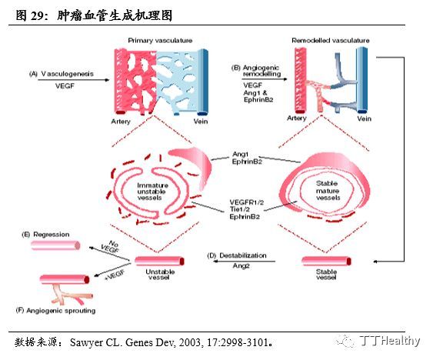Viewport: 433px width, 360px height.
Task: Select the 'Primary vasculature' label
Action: click(159, 40)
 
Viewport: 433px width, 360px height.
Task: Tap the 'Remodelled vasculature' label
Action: click(330, 40)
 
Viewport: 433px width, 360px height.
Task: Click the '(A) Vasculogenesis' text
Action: click(61, 74)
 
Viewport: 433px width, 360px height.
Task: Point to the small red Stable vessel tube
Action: click(321, 261)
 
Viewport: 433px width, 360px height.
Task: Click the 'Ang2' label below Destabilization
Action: click(241, 265)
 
